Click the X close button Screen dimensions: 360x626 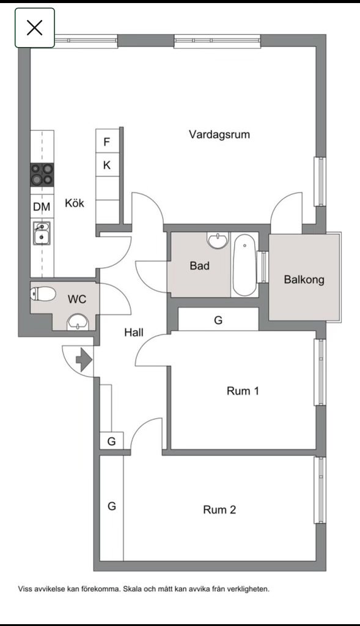pyautogui.click(x=35, y=28)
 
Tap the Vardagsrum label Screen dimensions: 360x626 pyautogui.click(x=219, y=134)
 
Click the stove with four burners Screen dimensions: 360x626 pyautogui.click(x=42, y=174)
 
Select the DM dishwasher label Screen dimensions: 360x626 pyautogui.click(x=42, y=207)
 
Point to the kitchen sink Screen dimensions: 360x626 pyautogui.click(x=42, y=233)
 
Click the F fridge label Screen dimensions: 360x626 pyautogui.click(x=106, y=142)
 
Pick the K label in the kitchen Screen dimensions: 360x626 pyautogui.click(x=107, y=165)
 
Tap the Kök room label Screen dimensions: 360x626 pyautogui.click(x=75, y=203)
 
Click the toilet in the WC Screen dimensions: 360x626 pyautogui.click(x=43, y=295)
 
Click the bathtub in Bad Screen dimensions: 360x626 pyautogui.click(x=244, y=265)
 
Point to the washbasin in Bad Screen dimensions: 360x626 pyautogui.click(x=218, y=241)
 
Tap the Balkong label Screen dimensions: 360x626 pyautogui.click(x=304, y=279)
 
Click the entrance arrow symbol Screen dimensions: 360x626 pyautogui.click(x=84, y=359)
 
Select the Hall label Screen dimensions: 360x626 pyautogui.click(x=134, y=332)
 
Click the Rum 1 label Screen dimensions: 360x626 pyautogui.click(x=243, y=391)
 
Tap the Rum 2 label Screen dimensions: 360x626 pyautogui.click(x=219, y=509)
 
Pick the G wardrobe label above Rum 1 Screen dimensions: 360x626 pyautogui.click(x=218, y=320)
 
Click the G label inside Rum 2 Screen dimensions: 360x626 pyautogui.click(x=112, y=506)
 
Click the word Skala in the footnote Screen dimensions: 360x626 pyautogui.click(x=131, y=589)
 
